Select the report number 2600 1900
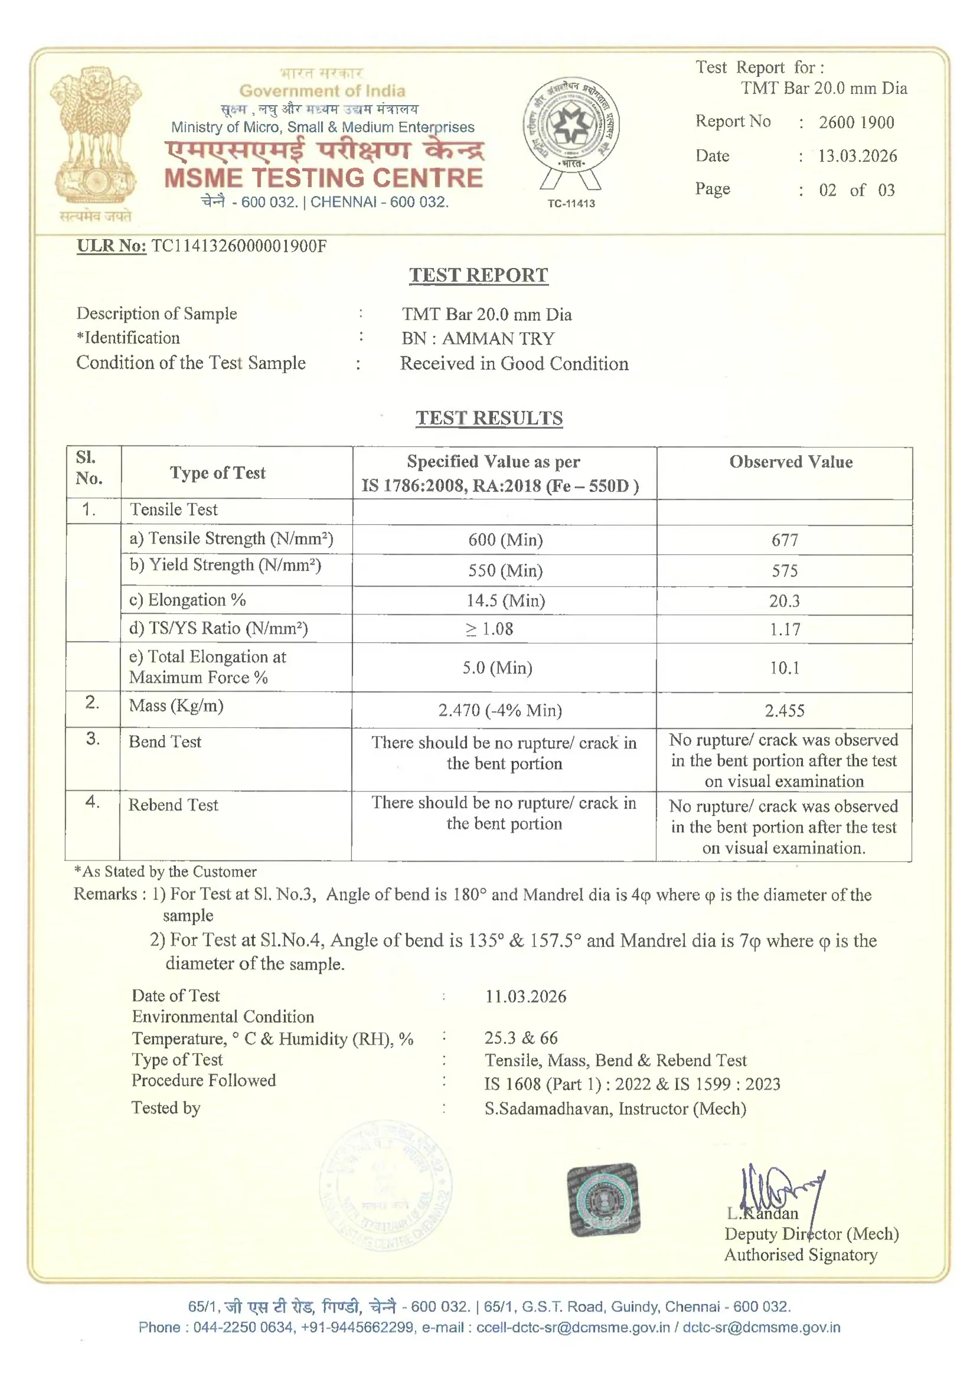[x=856, y=123]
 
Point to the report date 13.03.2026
[x=857, y=156]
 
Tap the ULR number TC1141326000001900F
[x=239, y=246]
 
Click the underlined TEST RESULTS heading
[x=489, y=418]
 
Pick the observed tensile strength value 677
[x=785, y=540]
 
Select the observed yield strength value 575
[x=785, y=570]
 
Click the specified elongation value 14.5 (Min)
[x=505, y=600]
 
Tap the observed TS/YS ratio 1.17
[x=785, y=629]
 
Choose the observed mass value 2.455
[x=785, y=711]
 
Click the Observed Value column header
[x=790, y=462]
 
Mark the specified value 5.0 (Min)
[x=497, y=668]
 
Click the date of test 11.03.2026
[x=525, y=996]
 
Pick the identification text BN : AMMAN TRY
[x=478, y=338]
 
